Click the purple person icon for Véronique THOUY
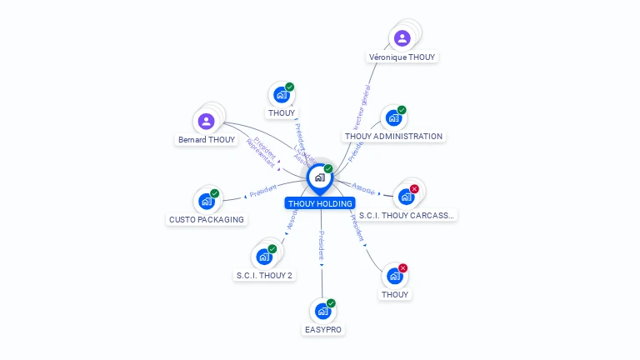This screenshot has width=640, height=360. pyautogui.click(x=402, y=37)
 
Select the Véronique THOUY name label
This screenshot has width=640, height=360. pyautogui.click(x=402, y=57)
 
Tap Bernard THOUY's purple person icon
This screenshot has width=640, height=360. pyautogui.click(x=207, y=121)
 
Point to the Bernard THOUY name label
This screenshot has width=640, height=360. pyautogui.click(x=207, y=140)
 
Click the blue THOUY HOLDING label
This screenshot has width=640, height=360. pyautogui.click(x=321, y=203)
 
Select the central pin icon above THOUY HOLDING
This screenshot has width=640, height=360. pyautogui.click(x=320, y=177)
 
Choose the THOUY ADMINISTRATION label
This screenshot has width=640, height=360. pyautogui.click(x=393, y=136)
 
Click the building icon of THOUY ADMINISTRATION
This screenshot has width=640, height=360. pyautogui.click(x=393, y=117)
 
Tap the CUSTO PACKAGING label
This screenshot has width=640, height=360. pyautogui.click(x=207, y=219)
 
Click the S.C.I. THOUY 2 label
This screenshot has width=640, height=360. pyautogui.click(x=264, y=275)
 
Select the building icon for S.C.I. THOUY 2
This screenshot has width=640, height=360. pyautogui.click(x=264, y=257)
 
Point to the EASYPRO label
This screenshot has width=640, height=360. pyautogui.click(x=322, y=329)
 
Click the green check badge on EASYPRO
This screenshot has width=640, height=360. pyautogui.click(x=331, y=303)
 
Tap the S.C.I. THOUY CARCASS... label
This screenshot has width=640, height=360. pyautogui.click(x=414, y=215)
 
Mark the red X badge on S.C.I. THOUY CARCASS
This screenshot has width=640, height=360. pyautogui.click(x=414, y=189)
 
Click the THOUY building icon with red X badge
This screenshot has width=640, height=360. pyautogui.click(x=395, y=276)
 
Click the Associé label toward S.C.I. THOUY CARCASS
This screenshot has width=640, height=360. pyautogui.click(x=364, y=187)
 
